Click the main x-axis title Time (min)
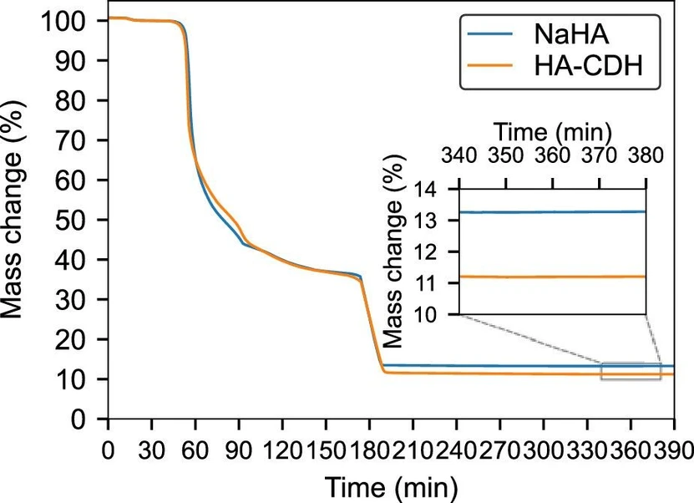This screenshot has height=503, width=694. coord(390,485)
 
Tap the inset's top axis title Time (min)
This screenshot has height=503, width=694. coord(553,131)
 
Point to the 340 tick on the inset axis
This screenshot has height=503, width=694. coord(459,156)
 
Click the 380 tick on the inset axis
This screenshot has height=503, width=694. coord(645,156)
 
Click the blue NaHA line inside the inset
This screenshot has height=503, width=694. coord(551,212)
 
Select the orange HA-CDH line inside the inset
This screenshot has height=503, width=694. coord(551,277)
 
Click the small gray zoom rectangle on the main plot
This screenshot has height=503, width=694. coord(631,371)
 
